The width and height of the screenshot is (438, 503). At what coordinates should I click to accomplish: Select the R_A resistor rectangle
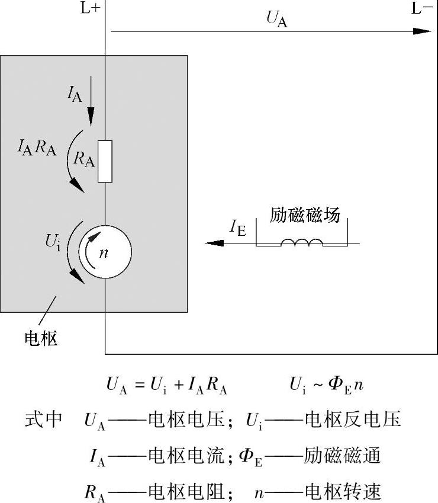click(x=105, y=161)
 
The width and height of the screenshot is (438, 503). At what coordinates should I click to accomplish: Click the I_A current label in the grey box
click(x=75, y=94)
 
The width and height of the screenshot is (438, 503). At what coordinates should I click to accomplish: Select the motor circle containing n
click(x=105, y=252)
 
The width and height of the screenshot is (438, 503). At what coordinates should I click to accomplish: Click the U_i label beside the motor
click(x=53, y=242)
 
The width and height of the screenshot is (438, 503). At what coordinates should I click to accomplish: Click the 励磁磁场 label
click(x=305, y=214)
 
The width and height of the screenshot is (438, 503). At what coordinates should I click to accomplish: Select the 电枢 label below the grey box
click(x=41, y=338)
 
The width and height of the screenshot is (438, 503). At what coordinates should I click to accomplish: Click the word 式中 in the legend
click(x=43, y=420)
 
